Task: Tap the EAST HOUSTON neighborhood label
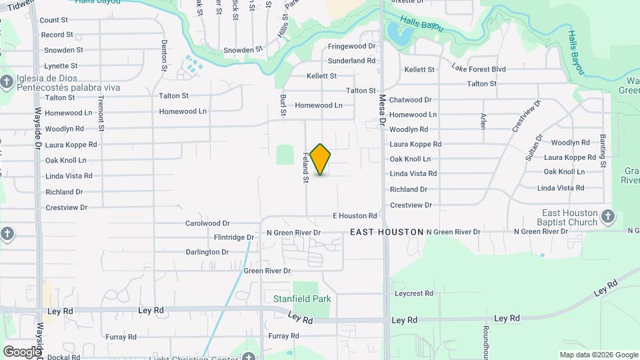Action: click(387, 232)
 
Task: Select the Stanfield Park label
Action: click(302, 299)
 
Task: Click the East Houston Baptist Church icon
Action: click(607, 216)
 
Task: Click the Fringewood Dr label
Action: click(352, 47)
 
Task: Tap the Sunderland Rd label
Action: click(352, 61)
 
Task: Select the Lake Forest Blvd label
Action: click(478, 68)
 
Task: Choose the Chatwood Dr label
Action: click(411, 100)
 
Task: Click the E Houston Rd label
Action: click(355, 216)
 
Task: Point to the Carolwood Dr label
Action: click(207, 223)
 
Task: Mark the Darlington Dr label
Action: click(207, 252)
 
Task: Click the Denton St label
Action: click(164, 55)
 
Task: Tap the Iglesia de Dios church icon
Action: click(7, 83)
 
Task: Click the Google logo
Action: click(21, 351)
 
